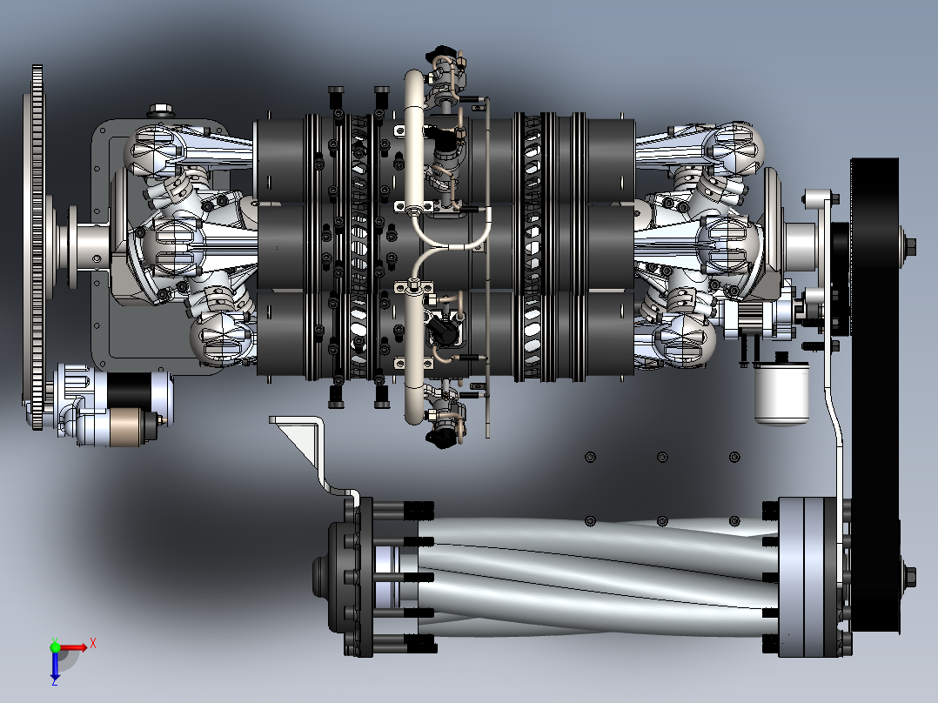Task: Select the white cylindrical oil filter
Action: click(781, 393)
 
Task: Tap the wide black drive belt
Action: click(874, 395)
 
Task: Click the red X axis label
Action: click(93, 644)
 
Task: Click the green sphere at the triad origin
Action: click(55, 646)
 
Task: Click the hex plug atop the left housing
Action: click(160, 110)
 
